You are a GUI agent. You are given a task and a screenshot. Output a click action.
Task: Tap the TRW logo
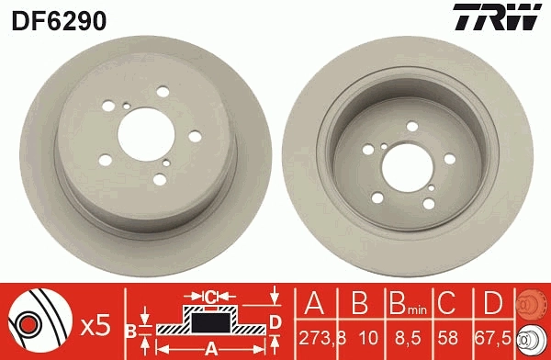(505, 17)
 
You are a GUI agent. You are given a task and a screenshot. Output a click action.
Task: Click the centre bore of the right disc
(399, 163)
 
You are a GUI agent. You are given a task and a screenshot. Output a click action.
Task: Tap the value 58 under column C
(447, 337)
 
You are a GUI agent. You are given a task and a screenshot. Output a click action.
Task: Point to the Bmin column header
(405, 302)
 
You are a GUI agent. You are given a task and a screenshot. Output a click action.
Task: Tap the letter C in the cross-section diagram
(209, 296)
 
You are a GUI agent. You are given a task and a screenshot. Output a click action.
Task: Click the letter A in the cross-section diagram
(209, 347)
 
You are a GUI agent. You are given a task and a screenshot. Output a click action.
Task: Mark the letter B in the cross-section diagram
(130, 328)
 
